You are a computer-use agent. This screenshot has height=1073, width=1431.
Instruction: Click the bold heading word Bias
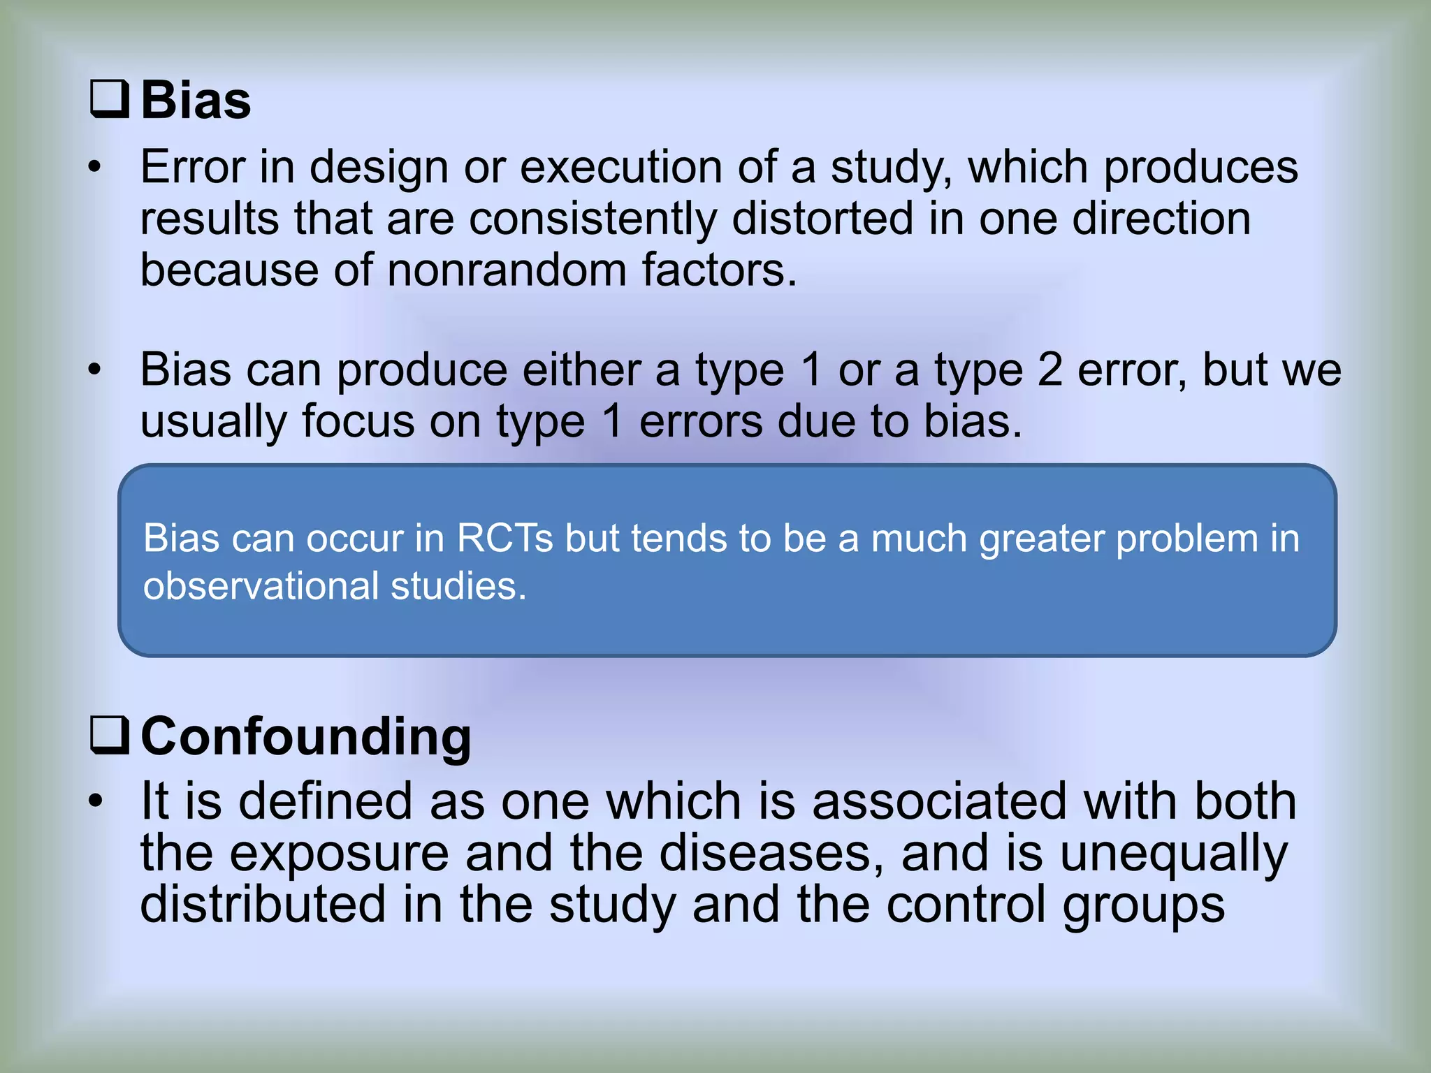[x=196, y=101]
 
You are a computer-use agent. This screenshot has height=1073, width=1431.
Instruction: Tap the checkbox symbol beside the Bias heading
[x=110, y=99]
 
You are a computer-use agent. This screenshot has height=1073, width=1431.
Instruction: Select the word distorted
[x=822, y=219]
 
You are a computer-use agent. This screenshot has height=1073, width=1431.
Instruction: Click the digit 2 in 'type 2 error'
[x=1049, y=370]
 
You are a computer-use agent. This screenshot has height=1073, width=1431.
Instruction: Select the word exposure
[x=339, y=853]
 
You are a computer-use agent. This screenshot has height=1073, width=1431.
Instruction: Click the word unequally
[x=1173, y=853]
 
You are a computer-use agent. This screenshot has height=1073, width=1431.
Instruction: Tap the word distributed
[x=263, y=904]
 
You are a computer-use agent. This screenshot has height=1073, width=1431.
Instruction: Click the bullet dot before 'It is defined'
[x=96, y=801]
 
